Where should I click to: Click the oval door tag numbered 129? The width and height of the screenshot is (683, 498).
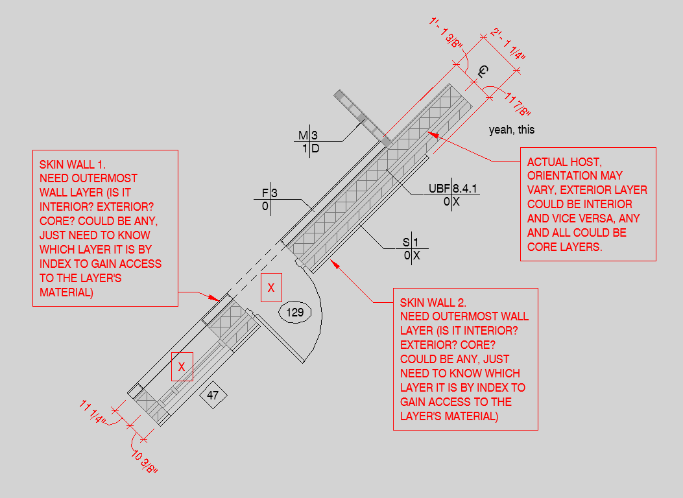pos(295,313)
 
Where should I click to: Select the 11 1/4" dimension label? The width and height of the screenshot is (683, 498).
pos(93,412)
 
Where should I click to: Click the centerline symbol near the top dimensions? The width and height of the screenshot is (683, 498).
pos(483,72)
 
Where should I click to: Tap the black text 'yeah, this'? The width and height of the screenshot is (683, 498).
pos(512,130)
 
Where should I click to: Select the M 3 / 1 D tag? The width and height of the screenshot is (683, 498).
pos(309,142)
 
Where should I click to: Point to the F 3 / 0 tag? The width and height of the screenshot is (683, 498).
pos(270,199)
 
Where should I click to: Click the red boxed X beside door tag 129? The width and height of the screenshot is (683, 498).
pos(271,288)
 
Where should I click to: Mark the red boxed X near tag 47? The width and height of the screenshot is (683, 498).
pos(182,366)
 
